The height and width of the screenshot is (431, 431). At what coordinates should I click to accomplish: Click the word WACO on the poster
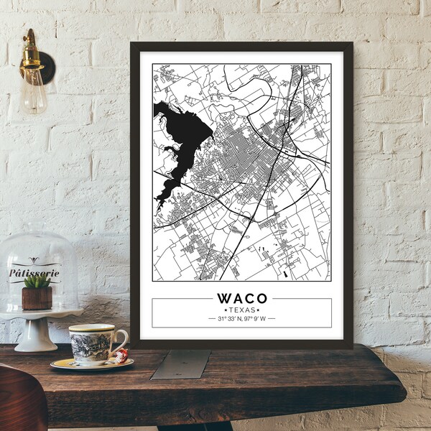(241, 297)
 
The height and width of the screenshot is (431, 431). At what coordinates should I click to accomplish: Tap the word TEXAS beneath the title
(241, 310)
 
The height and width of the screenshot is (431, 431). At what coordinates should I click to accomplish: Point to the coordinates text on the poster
(241, 318)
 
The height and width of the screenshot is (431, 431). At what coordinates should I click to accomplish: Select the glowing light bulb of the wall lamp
(33, 90)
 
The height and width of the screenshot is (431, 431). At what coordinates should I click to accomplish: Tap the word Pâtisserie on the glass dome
(34, 273)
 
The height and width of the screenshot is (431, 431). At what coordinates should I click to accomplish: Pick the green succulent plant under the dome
(37, 282)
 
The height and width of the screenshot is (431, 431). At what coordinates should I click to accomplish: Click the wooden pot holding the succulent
(37, 299)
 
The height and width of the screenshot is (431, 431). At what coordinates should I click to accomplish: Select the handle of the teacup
(121, 341)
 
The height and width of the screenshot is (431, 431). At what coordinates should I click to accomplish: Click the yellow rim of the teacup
(92, 328)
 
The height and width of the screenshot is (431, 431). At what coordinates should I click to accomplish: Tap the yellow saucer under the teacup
(91, 363)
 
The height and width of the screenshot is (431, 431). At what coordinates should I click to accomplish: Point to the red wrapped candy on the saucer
(121, 355)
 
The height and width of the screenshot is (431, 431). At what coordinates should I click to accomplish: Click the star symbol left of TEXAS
(226, 310)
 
